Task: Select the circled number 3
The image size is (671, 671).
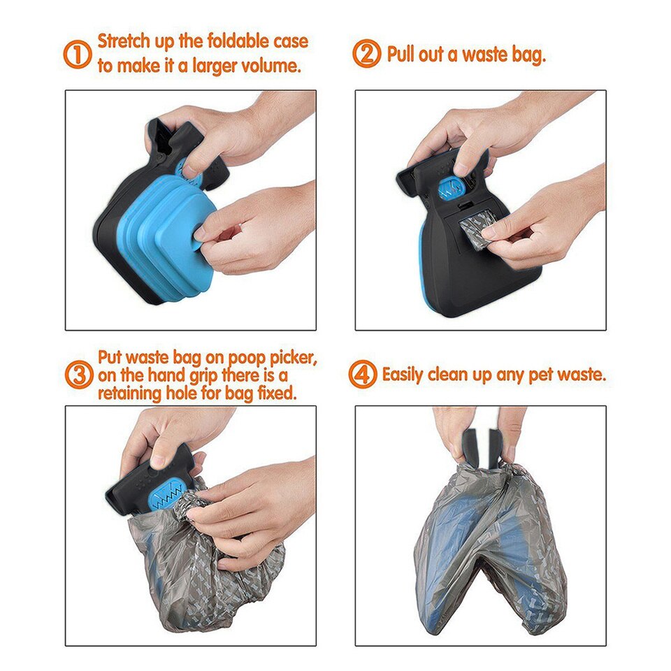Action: pyautogui.click(x=78, y=375)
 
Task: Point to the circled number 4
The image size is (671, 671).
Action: pyautogui.click(x=362, y=375)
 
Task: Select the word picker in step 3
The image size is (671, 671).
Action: pyautogui.click(x=292, y=359)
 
